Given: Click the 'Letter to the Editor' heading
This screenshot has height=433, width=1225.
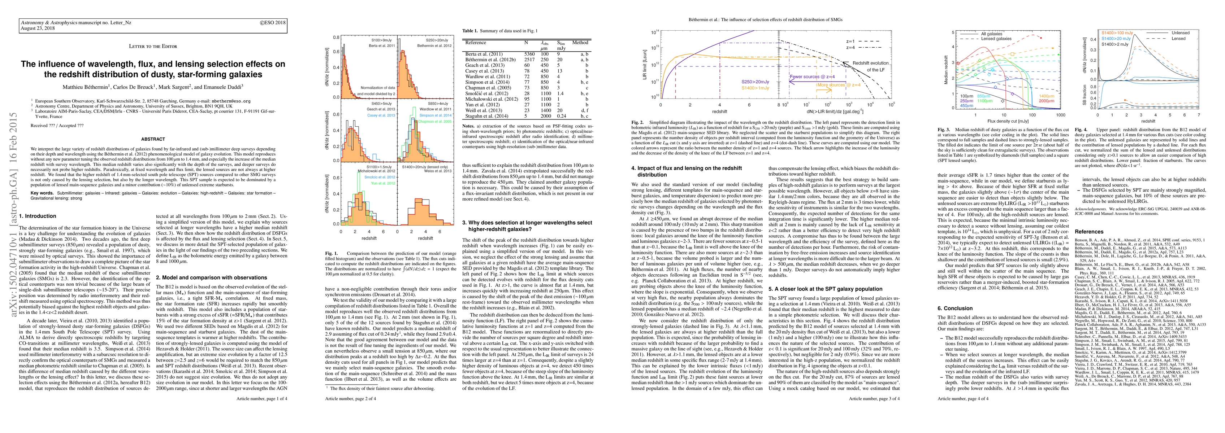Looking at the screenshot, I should click(x=153, y=46).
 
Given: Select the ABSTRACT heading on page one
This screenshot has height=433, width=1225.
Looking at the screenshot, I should click(x=153, y=139).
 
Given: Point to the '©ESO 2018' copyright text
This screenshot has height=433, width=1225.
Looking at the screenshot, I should click(x=273, y=22).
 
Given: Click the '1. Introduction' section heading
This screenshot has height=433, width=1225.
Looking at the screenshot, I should click(x=38, y=216).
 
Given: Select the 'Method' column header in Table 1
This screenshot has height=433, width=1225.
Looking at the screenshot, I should click(x=580, y=42).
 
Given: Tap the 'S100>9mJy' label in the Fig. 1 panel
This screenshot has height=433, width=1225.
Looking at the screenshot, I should click(x=381, y=40).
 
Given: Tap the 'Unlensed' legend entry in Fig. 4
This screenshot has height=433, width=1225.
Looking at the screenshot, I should click(x=1190, y=33).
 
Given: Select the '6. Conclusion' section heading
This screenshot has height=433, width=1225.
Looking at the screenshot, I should click(x=955, y=308).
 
